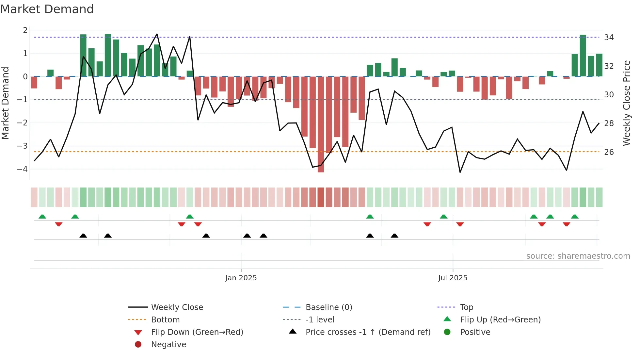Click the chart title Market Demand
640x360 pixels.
(47, 9)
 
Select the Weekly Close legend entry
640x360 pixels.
(177, 307)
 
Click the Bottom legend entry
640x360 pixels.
(165, 319)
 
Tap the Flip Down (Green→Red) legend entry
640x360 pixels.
(197, 332)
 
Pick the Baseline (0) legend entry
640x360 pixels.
(328, 307)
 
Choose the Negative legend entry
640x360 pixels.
(168, 344)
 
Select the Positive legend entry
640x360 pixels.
(475, 332)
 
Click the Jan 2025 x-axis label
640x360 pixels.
(241, 278)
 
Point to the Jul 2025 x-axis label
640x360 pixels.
(453, 278)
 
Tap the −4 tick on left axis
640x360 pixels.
(23, 169)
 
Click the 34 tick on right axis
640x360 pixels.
(609, 38)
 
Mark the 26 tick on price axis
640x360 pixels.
(609, 152)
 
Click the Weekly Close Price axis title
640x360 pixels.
(626, 103)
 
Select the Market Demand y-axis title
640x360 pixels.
(6, 103)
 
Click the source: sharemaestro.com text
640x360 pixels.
(578, 256)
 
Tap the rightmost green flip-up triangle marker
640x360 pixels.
(575, 217)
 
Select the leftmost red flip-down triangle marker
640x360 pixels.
(59, 224)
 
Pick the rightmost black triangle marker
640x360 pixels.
(394, 236)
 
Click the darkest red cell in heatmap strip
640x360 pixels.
(321, 197)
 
